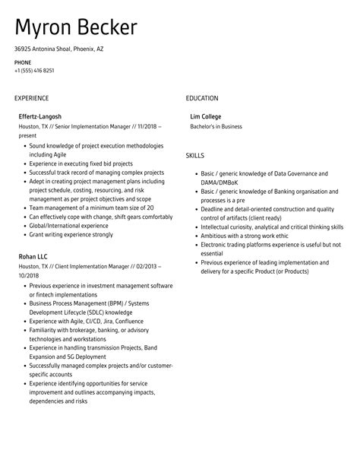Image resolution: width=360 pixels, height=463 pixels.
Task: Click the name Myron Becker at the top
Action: click(76, 27)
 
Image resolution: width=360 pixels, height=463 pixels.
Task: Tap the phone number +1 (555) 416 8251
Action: click(34, 70)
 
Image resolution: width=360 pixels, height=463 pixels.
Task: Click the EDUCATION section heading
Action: click(202, 98)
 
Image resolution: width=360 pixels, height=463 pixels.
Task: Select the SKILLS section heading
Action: click(195, 155)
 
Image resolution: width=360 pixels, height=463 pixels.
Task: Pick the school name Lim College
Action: click(206, 116)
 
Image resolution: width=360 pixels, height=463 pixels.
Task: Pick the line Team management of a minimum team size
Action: click(92, 208)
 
